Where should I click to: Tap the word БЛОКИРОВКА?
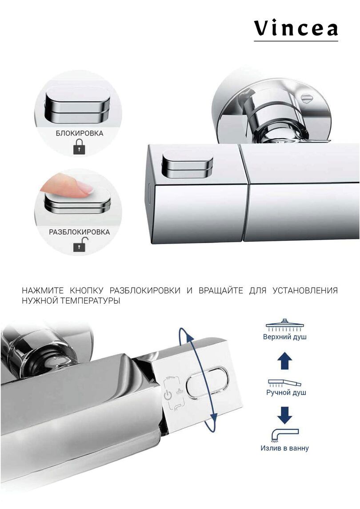(x=80, y=133)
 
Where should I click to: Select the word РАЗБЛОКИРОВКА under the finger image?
(x=79, y=232)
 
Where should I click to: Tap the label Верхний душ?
(x=284, y=337)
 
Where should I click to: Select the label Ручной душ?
(x=286, y=393)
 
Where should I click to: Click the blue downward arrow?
(x=284, y=415)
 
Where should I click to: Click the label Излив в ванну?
(x=284, y=448)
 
